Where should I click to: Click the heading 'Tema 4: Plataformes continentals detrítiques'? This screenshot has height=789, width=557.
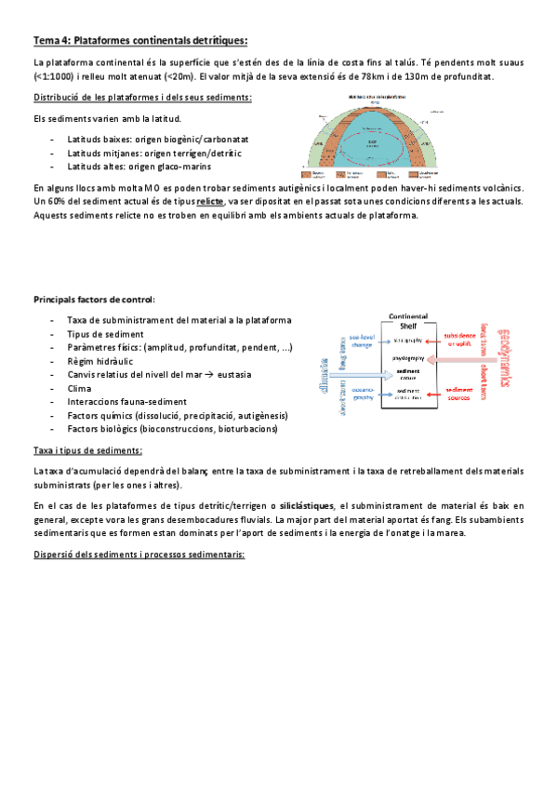point(140,40)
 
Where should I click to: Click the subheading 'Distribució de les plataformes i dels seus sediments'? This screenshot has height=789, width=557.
point(141,98)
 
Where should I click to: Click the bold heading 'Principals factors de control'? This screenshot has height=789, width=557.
point(94,300)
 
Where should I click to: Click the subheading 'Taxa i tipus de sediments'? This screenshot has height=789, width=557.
point(87,450)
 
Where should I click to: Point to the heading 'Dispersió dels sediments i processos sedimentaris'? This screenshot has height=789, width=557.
point(139,555)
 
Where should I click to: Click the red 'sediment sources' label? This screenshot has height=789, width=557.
point(460,394)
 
